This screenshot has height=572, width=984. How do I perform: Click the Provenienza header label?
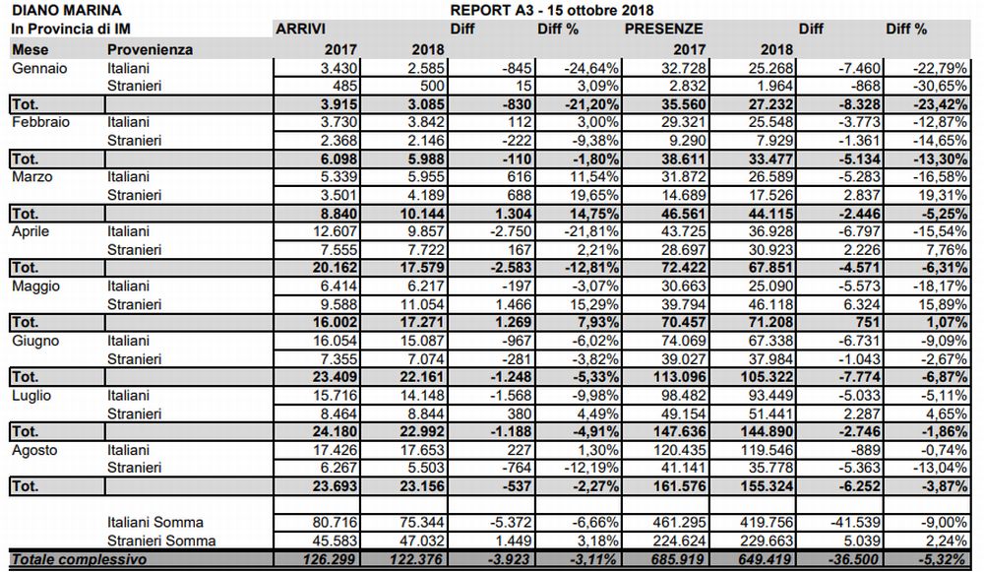(150, 48)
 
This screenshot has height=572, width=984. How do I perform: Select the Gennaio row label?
(37, 68)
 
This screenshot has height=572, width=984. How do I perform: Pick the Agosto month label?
(34, 450)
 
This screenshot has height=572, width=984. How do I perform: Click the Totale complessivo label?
(79, 559)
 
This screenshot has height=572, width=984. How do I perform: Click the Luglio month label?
(31, 395)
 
